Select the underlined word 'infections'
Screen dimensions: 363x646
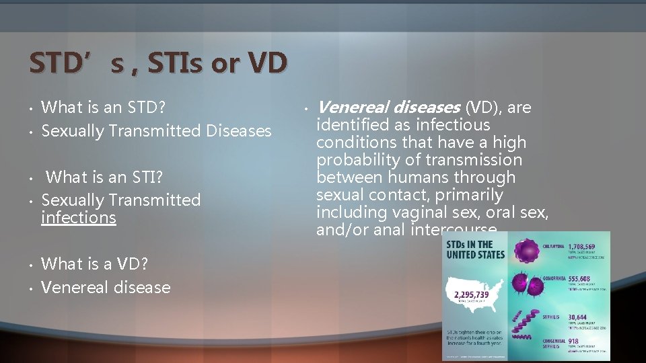pos(79,218)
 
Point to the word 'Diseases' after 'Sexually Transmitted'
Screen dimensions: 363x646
pos(239,130)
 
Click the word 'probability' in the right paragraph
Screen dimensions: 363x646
pos(357,160)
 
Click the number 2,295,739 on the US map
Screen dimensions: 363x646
pos(472,294)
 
